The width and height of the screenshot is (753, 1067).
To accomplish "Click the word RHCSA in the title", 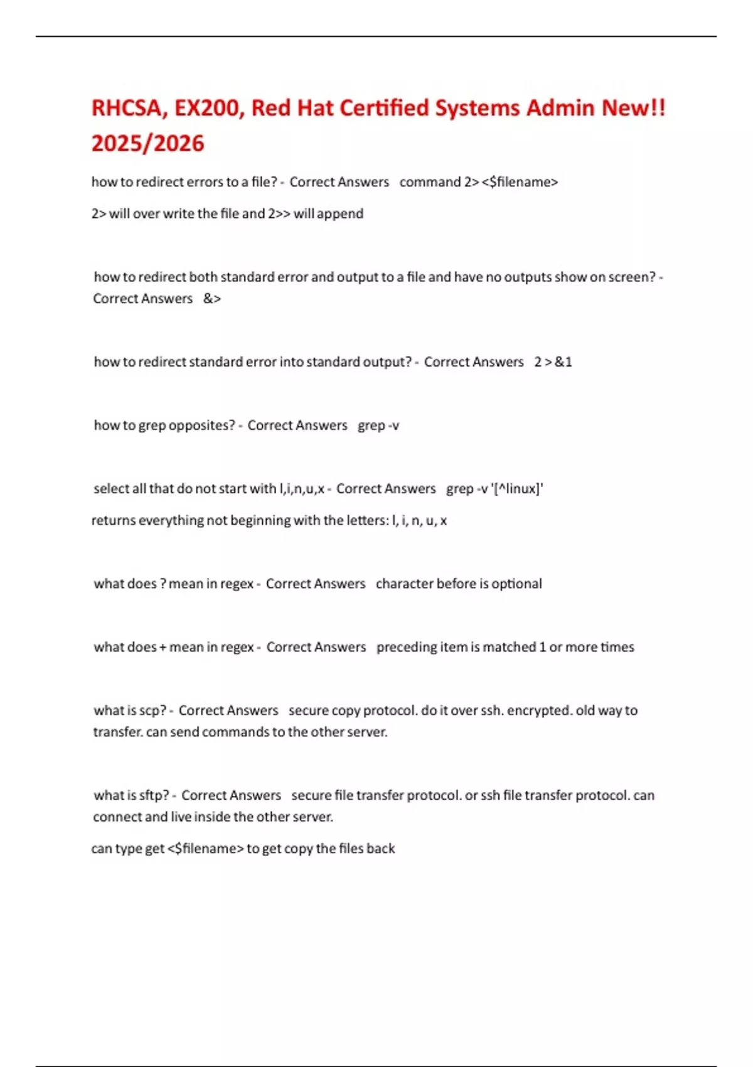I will pos(126,109).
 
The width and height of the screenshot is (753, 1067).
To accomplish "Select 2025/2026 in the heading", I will pos(147,144).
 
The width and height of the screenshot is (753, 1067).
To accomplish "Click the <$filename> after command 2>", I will pos(520,182).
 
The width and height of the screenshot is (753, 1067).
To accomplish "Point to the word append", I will pos(340,214).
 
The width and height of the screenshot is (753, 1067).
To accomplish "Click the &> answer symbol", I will pos(212,299).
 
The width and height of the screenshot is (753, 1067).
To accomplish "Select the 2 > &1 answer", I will pos(553,362).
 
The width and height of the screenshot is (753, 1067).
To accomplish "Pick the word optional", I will pos(516,584).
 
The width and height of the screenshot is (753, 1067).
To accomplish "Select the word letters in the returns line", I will pos(366,520).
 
